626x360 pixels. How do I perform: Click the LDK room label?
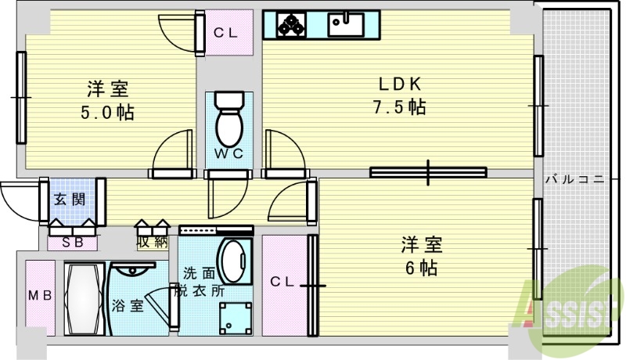point(401,84)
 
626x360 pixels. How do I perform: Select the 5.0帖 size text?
point(107,112)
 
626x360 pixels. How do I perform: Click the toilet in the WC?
point(229,117)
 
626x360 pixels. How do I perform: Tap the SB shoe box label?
point(72,242)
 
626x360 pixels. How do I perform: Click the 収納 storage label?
point(153,241)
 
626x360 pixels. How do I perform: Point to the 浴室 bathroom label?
point(128,305)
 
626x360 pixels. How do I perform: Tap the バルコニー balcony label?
point(575,179)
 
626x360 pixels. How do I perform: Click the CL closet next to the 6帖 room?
point(282,282)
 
